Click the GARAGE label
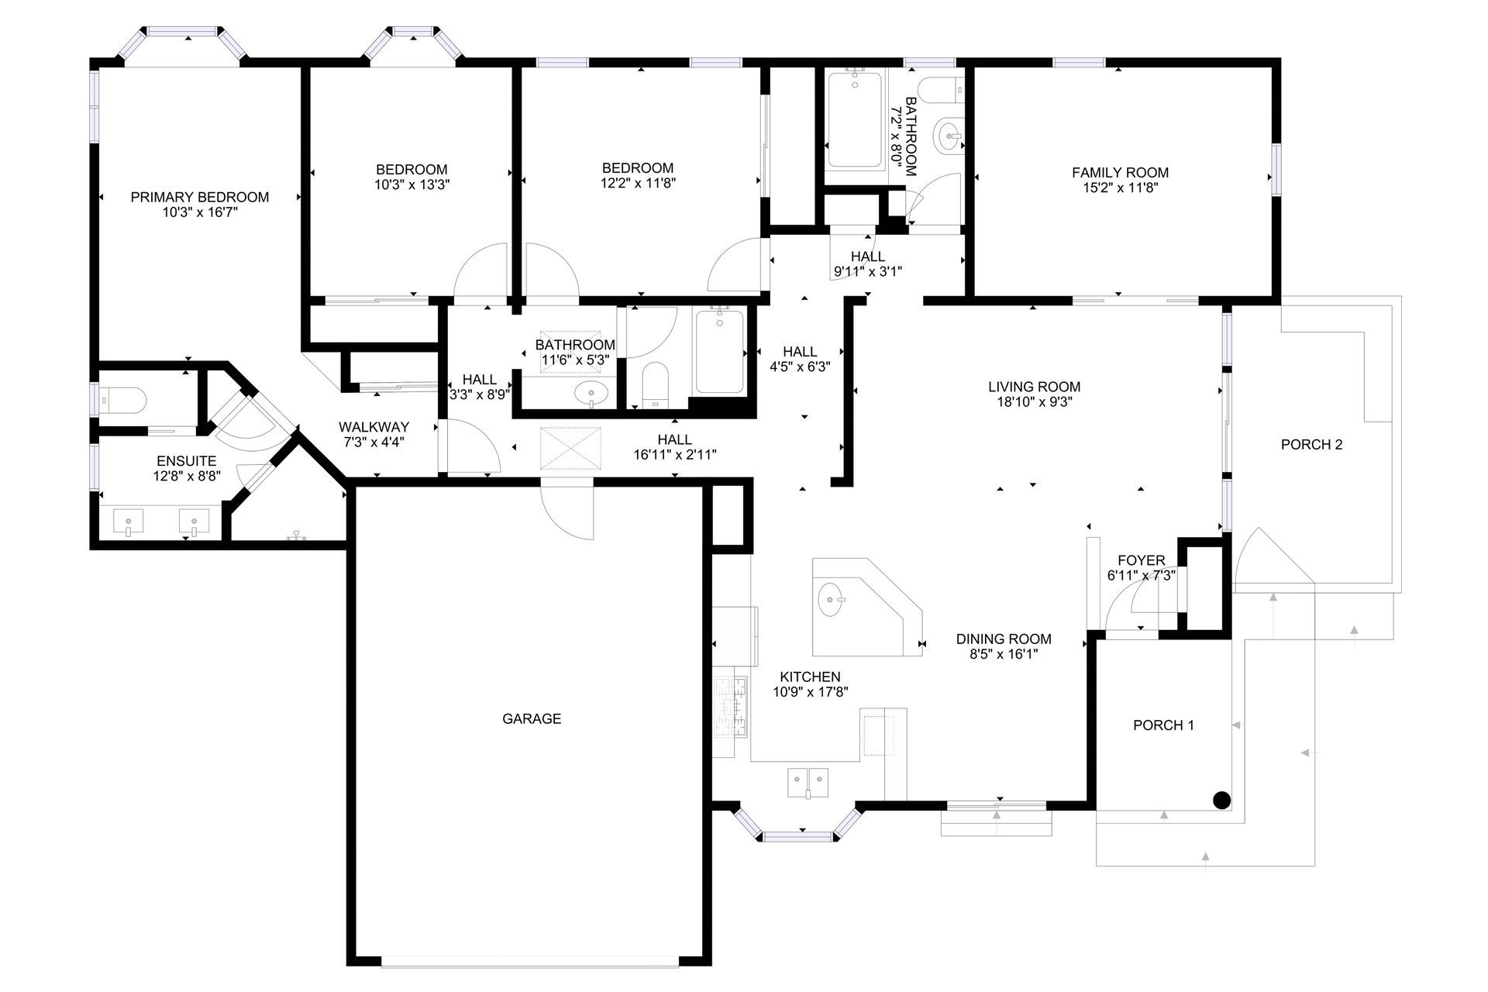tap(532, 719)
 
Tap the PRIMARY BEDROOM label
tap(200, 198)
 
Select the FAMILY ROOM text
tap(1120, 173)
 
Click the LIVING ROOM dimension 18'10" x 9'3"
tap(1034, 402)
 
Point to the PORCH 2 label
tap(1311, 445)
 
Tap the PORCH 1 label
tap(1163, 725)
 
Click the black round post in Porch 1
tap(1221, 801)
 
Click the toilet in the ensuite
tap(124, 400)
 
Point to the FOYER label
tap(1141, 560)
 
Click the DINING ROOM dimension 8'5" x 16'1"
tap(1004, 654)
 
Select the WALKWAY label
tap(374, 427)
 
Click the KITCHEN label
tap(810, 677)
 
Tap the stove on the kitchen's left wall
tap(732, 706)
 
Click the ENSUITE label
tap(186, 461)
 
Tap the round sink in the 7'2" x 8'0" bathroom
tap(949, 137)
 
